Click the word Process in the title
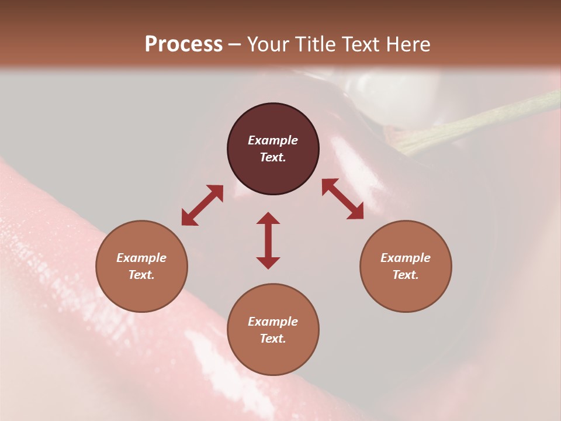[183, 44]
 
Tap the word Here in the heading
[405, 44]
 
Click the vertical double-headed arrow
[268, 240]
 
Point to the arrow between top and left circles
[202, 205]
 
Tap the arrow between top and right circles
[342, 199]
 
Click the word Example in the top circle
[273, 140]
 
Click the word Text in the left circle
[141, 275]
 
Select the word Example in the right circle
[406, 258]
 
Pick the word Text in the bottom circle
[273, 339]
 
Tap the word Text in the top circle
[273, 157]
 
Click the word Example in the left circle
[141, 258]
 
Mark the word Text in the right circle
[406, 275]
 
